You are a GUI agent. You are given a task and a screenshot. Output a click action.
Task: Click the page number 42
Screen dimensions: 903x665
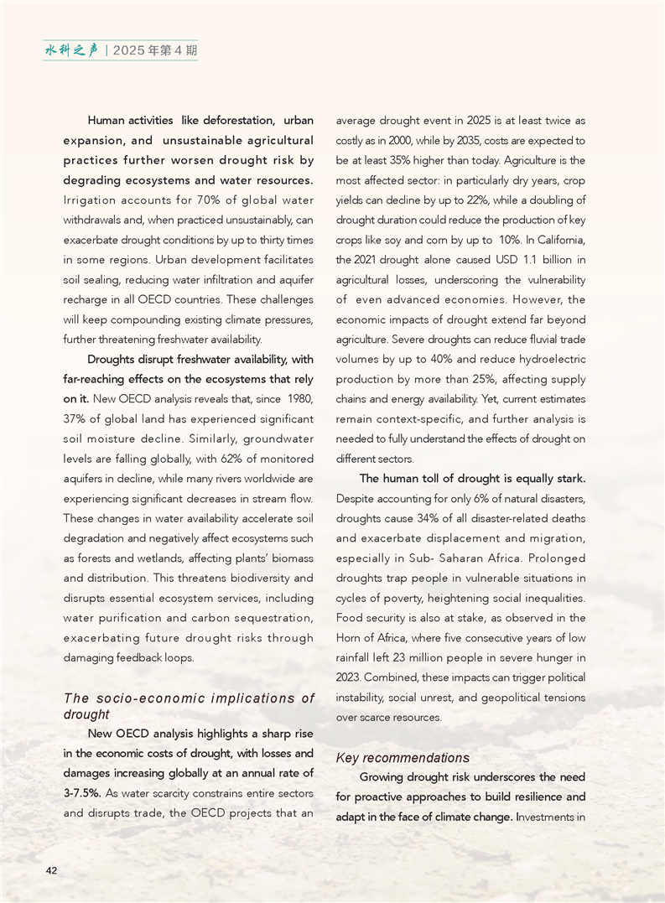coord(51,871)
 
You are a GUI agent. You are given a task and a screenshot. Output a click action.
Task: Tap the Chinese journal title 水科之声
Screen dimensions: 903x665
coord(71,50)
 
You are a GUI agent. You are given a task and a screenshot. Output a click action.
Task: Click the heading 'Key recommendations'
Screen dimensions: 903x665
coord(403,758)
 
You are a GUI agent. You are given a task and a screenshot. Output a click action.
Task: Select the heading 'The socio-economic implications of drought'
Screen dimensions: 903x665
coord(189,706)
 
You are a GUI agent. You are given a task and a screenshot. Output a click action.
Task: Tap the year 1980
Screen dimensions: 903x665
coord(300,398)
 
